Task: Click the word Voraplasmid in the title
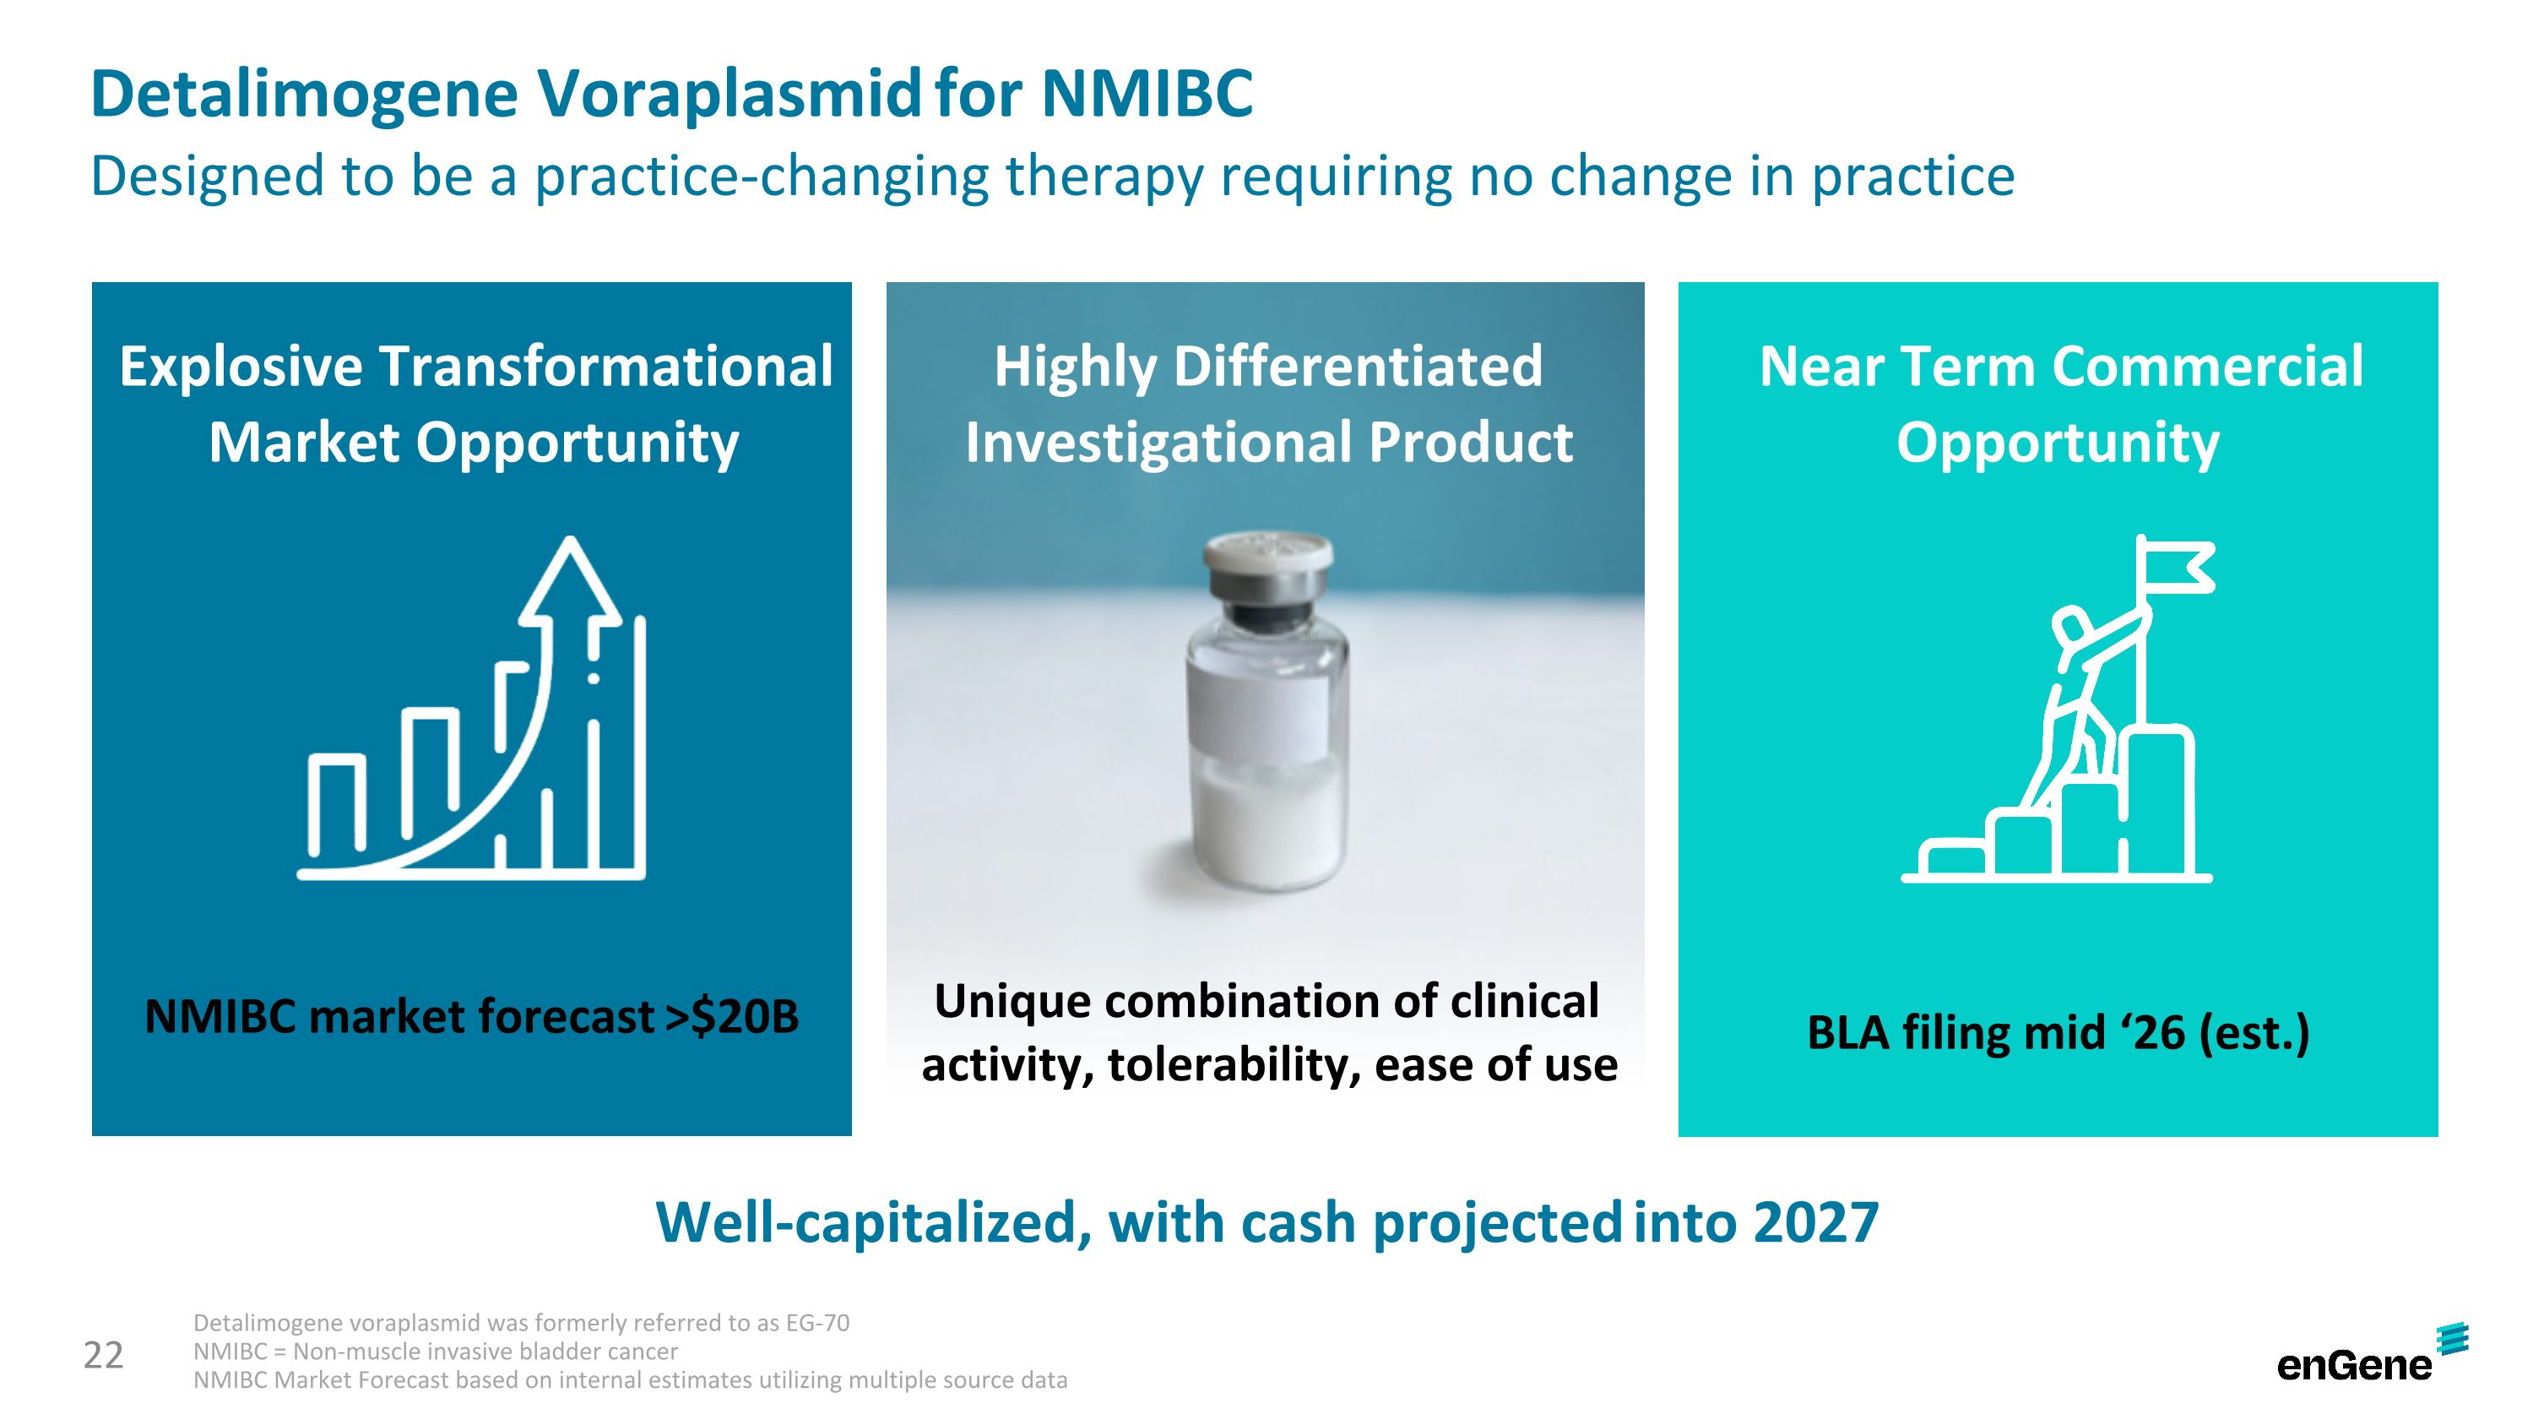(729, 95)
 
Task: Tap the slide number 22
(103, 1355)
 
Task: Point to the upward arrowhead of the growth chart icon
(569, 580)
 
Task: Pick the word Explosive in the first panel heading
(241, 367)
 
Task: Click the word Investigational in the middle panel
(1158, 443)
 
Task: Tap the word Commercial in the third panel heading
(2208, 367)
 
